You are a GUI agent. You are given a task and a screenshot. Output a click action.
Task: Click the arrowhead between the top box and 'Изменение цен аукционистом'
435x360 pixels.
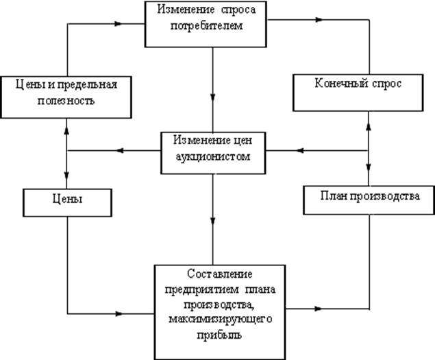[x=214, y=97]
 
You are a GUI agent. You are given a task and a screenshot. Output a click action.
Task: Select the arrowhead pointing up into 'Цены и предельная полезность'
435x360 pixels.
[x=66, y=128]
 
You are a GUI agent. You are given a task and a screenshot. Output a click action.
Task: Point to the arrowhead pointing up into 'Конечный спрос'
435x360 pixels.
[x=369, y=123]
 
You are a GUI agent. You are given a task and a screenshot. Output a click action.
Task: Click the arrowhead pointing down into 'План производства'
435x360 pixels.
[x=369, y=172]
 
